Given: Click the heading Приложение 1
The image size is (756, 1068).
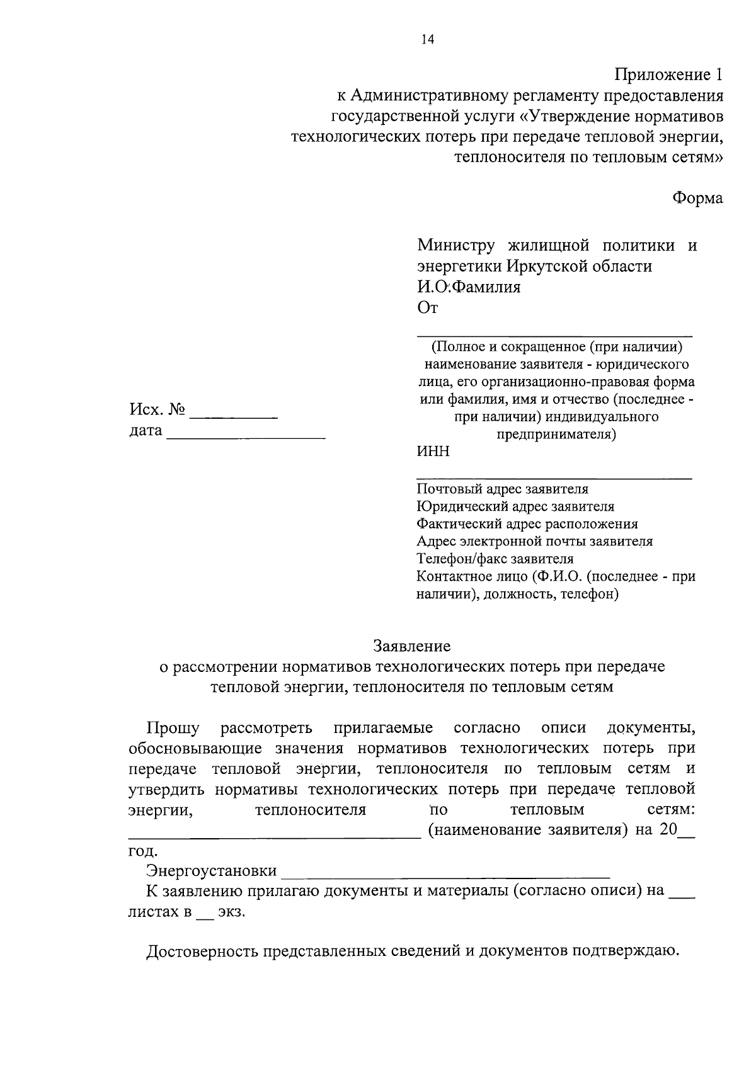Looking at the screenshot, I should [x=668, y=75].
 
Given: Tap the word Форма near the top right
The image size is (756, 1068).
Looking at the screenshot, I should [x=697, y=198].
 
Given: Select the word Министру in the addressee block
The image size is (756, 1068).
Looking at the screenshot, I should [x=455, y=245].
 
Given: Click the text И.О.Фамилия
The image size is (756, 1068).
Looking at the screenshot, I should [x=469, y=287].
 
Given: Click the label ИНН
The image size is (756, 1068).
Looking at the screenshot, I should [x=433, y=452].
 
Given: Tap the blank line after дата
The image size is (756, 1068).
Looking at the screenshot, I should [x=246, y=436].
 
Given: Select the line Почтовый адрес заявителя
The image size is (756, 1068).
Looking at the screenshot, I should [x=502, y=489].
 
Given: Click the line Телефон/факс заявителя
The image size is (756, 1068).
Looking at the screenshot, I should [x=495, y=559].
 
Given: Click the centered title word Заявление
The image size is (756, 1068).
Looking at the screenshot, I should [x=412, y=646].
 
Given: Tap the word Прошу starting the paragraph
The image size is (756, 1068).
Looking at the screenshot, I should [x=173, y=729].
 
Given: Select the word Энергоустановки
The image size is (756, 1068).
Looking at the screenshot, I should [x=212, y=871].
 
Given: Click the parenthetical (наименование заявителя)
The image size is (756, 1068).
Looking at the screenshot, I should [x=528, y=830].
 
